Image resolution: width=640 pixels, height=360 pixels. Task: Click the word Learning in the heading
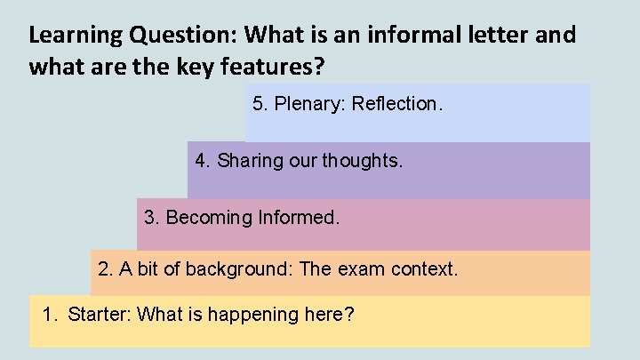pos(75,36)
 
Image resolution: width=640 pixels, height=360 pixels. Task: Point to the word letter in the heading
pos(492,36)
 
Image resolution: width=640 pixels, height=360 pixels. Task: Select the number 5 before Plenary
pos(258,104)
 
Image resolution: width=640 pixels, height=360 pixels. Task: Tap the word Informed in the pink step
pos(297,217)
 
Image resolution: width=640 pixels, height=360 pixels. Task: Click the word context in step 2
pos(425,268)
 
